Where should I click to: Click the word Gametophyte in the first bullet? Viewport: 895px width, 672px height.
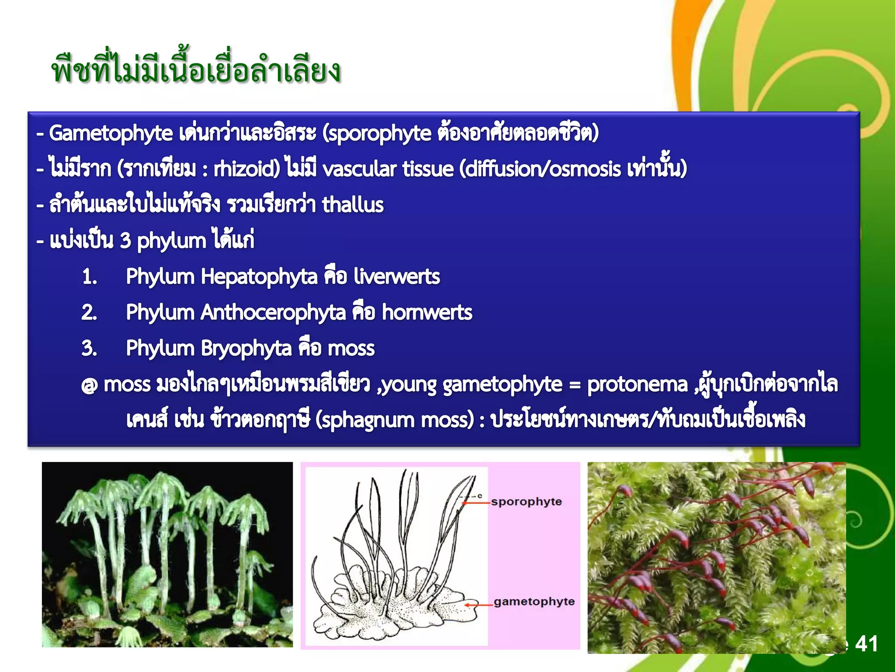(x=111, y=133)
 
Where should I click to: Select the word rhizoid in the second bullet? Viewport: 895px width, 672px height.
(x=246, y=169)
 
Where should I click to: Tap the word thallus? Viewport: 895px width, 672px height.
(x=353, y=205)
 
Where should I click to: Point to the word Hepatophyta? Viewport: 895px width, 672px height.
(x=259, y=276)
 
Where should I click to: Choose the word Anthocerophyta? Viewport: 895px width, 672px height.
(x=273, y=312)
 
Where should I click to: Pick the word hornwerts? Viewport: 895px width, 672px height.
(x=427, y=312)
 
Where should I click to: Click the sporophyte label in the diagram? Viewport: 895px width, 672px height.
(x=526, y=502)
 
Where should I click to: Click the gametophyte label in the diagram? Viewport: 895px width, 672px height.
(x=534, y=602)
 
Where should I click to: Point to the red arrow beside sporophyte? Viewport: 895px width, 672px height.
(x=476, y=503)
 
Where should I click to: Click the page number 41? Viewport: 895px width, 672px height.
(x=866, y=644)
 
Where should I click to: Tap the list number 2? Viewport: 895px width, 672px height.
(x=89, y=313)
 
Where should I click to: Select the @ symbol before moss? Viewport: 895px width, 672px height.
(x=89, y=386)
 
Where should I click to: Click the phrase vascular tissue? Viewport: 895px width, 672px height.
(x=388, y=169)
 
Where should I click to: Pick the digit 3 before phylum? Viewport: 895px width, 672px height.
(x=125, y=241)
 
